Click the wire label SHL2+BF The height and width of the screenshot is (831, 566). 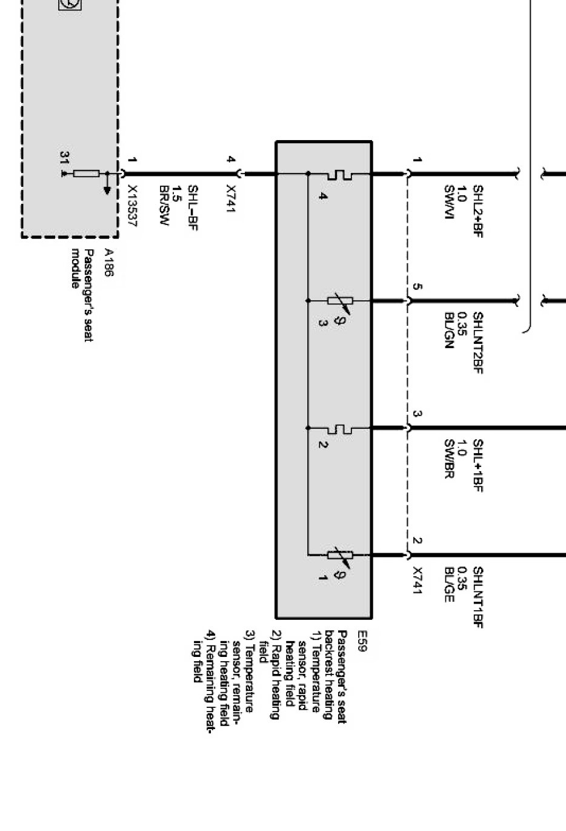[x=478, y=212]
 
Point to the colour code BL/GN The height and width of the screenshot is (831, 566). [x=449, y=331]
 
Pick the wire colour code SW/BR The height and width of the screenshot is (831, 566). [x=449, y=459]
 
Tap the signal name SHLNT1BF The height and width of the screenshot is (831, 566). [x=478, y=597]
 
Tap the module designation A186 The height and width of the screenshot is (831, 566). [x=108, y=262]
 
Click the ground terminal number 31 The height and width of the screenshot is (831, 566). [x=64, y=158]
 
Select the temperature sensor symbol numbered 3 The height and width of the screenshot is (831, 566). [x=339, y=300]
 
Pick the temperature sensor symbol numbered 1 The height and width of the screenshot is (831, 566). [x=339, y=554]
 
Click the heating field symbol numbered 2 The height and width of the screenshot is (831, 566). [x=339, y=428]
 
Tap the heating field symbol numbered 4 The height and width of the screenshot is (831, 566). [x=339, y=174]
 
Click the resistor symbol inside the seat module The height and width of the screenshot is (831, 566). [x=86, y=174]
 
